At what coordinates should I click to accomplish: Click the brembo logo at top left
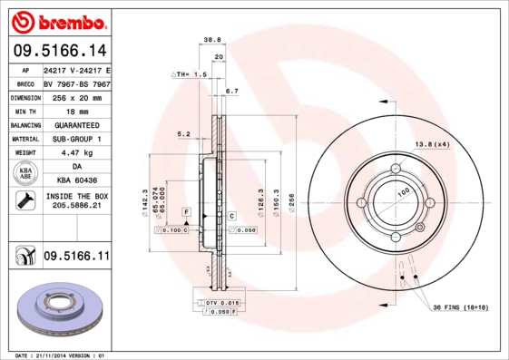[56, 19]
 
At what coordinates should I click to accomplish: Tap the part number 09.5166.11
[76, 257]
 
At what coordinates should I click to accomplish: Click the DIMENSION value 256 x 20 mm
[76, 97]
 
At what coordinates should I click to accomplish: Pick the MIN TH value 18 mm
[76, 111]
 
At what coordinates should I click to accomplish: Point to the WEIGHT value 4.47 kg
[76, 153]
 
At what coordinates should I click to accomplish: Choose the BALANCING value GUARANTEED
[76, 125]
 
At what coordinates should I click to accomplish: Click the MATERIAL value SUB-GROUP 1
[76, 139]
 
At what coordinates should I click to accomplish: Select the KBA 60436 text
[76, 182]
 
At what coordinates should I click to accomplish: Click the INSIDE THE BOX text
[76, 196]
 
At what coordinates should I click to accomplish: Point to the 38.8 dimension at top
[211, 40]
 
